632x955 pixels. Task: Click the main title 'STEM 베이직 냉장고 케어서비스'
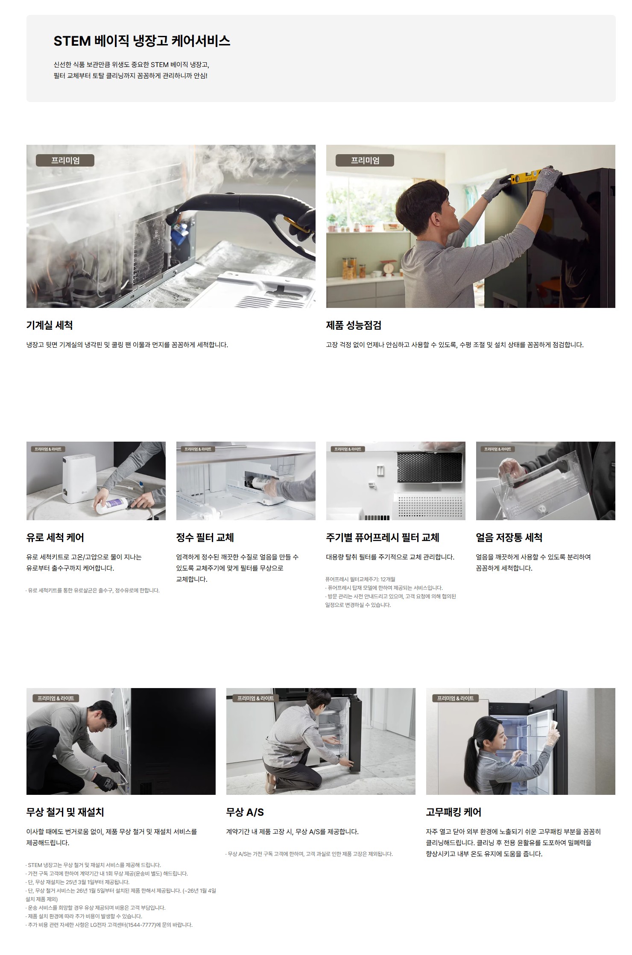pyautogui.click(x=142, y=41)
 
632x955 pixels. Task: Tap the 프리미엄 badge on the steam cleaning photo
pyautogui.click(x=65, y=161)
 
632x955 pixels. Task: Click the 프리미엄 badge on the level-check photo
pyautogui.click(x=365, y=161)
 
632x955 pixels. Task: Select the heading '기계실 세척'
pyautogui.click(x=50, y=325)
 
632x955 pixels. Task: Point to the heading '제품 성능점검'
pyautogui.click(x=354, y=325)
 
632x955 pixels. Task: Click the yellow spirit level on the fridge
pyautogui.click(x=526, y=175)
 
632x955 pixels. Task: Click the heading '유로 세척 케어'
pyautogui.click(x=55, y=537)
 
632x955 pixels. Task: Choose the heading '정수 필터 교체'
pyautogui.click(x=205, y=537)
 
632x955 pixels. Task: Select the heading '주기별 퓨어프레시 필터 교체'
pyautogui.click(x=383, y=537)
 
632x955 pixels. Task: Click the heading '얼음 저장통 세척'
pyautogui.click(x=509, y=537)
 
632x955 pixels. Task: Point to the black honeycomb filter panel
pyautogui.click(x=430, y=466)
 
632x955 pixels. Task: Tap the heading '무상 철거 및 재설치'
pyautogui.click(x=65, y=812)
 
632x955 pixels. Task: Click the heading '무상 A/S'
pyautogui.click(x=245, y=812)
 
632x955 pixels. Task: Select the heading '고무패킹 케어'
pyautogui.click(x=454, y=812)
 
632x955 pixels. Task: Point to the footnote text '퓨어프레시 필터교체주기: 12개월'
pyautogui.click(x=360, y=579)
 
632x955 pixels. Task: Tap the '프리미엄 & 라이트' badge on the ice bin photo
pyautogui.click(x=497, y=449)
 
